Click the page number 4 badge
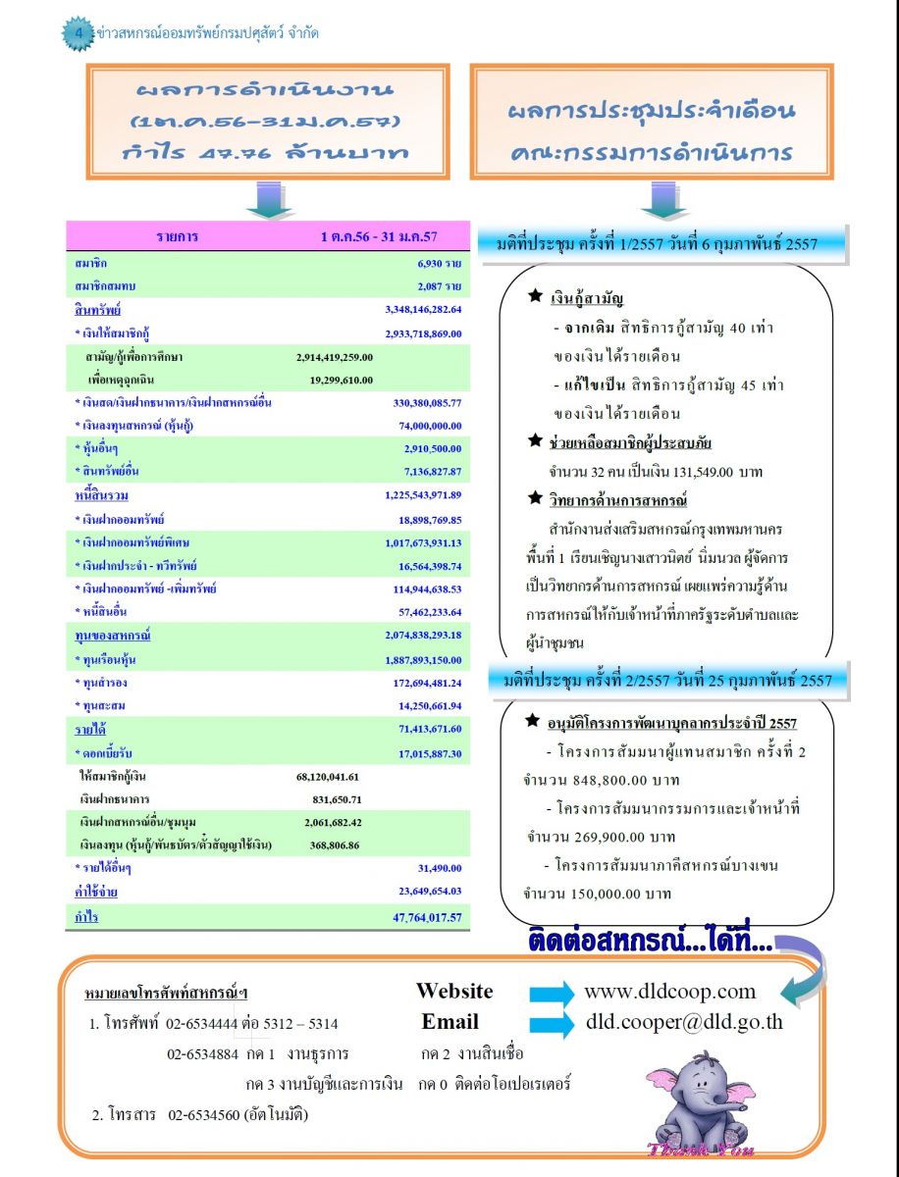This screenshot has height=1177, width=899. [78, 33]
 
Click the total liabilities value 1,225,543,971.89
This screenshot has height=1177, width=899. [423, 495]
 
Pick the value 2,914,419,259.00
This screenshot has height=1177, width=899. [334, 357]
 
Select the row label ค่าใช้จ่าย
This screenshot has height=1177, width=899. [96, 892]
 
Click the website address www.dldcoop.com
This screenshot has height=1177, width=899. [669, 991]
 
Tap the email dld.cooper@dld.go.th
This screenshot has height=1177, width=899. [684, 1021]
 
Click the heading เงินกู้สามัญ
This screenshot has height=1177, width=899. [587, 298]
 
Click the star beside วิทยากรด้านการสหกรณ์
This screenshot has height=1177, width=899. [534, 500]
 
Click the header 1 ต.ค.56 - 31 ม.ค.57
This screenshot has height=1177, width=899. [378, 236]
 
